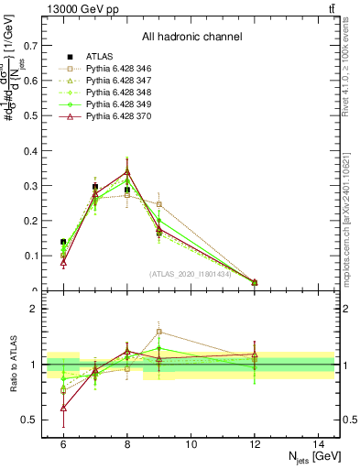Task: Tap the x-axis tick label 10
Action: pyautogui.click(x=191, y=443)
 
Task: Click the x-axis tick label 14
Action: pyautogui.click(x=318, y=443)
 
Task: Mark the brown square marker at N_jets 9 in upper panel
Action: pyautogui.click(x=158, y=204)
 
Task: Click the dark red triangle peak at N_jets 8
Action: pyautogui.click(x=127, y=171)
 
